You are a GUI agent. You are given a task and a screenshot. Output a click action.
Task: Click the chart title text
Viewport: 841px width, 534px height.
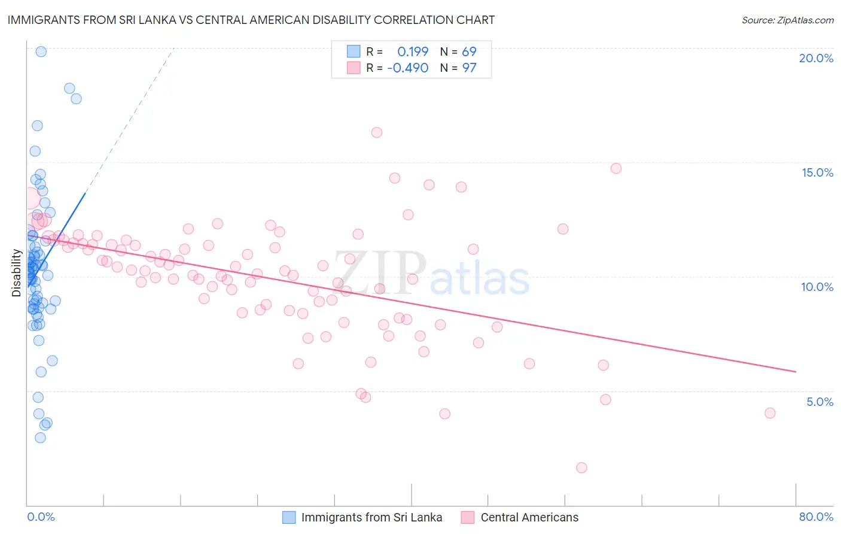pyautogui.click(x=251, y=20)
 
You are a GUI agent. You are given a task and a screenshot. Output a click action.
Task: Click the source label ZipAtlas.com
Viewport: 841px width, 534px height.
pyautogui.click(x=787, y=20)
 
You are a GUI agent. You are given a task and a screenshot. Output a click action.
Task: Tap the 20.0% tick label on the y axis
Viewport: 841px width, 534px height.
pyautogui.click(x=816, y=58)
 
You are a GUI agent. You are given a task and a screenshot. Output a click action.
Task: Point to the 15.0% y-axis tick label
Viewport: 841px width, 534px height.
pyautogui.click(x=817, y=172)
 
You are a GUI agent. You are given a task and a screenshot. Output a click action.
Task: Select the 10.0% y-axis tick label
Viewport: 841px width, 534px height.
pyautogui.click(x=817, y=287)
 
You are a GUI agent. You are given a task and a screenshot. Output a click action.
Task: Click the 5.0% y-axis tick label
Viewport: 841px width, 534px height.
pyautogui.click(x=819, y=402)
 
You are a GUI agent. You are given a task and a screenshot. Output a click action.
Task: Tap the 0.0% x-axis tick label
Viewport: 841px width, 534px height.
pyautogui.click(x=41, y=517)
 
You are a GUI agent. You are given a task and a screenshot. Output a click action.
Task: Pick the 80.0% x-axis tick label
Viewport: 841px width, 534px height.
pyautogui.click(x=816, y=517)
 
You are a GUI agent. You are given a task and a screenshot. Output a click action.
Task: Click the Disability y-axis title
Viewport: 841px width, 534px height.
pyautogui.click(x=17, y=273)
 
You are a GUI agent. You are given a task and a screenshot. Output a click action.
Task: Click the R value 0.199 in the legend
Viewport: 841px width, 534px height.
pyautogui.click(x=413, y=52)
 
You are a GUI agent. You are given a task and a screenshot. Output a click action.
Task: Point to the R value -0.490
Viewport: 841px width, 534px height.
pyautogui.click(x=408, y=68)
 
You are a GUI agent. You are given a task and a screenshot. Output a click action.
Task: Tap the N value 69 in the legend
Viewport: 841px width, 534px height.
pyautogui.click(x=469, y=52)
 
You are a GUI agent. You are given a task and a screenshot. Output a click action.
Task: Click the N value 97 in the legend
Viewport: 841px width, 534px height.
pyautogui.click(x=469, y=68)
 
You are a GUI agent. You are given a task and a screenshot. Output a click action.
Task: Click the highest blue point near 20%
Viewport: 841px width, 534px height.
pyautogui.click(x=41, y=51)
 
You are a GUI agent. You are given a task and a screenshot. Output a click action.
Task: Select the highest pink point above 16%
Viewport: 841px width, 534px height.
pyautogui.click(x=377, y=132)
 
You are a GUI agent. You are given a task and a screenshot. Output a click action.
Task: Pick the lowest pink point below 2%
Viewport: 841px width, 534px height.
pyautogui.click(x=581, y=468)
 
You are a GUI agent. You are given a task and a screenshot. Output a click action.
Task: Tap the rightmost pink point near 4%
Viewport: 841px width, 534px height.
pyautogui.click(x=770, y=413)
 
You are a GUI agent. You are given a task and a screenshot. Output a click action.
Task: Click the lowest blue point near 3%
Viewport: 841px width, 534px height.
pyautogui.click(x=40, y=438)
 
